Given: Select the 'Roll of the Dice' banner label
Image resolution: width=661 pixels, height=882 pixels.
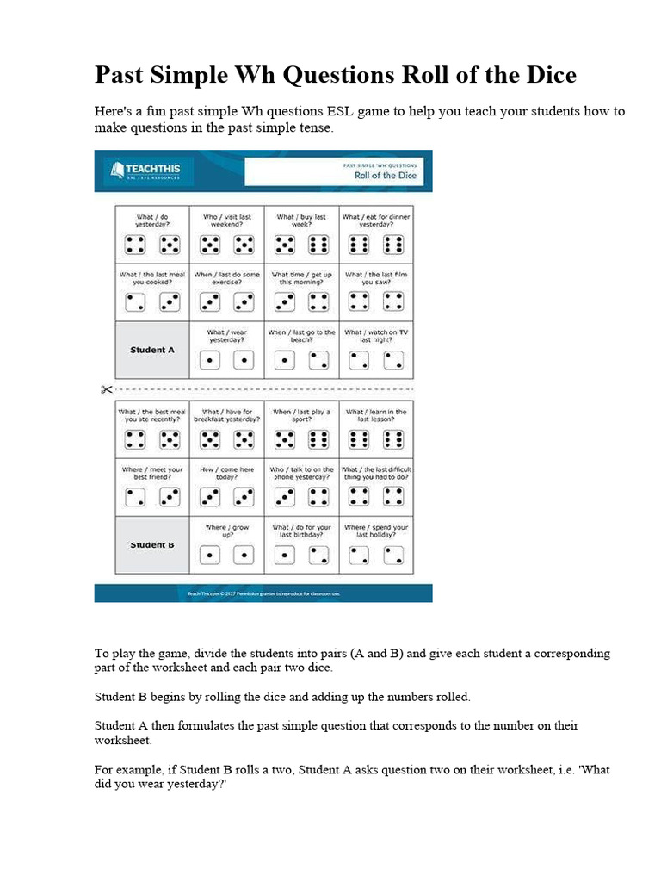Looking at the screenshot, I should (x=385, y=175).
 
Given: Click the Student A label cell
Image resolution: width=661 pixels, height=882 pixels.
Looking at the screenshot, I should (x=152, y=350).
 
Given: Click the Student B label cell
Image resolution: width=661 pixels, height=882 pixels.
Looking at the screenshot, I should (x=152, y=544).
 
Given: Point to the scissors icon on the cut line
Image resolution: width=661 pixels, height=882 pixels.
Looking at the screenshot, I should (x=106, y=389).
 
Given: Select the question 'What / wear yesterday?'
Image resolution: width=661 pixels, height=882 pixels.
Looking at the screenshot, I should (x=227, y=336).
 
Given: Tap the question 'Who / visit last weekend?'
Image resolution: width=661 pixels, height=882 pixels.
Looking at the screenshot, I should (x=227, y=221).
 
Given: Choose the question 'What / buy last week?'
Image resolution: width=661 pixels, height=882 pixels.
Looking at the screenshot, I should (x=301, y=221).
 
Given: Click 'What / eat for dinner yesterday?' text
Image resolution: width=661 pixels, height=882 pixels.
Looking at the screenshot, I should (x=376, y=221).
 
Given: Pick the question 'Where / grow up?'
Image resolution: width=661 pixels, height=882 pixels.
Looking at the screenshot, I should (x=227, y=531).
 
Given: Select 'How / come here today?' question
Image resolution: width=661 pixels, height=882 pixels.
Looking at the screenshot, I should (x=227, y=474).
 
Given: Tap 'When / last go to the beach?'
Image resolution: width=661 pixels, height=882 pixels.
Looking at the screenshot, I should (x=301, y=336).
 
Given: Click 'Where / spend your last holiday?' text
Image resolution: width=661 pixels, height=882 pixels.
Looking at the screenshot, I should (x=376, y=531).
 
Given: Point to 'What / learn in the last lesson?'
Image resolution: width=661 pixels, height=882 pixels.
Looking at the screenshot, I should (x=376, y=416).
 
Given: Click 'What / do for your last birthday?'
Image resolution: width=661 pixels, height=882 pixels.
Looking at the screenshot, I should (x=301, y=531).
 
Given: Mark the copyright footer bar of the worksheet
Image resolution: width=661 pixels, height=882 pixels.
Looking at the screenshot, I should (x=263, y=593).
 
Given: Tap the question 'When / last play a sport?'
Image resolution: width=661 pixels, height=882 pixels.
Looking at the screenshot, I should (x=301, y=416).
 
